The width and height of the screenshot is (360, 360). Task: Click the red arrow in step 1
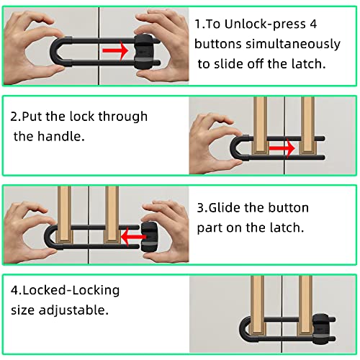click(x=115, y=50)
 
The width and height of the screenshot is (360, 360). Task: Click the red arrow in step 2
click(x=282, y=148)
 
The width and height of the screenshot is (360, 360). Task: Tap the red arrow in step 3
click(x=134, y=237)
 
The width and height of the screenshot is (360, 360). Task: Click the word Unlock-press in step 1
click(x=265, y=24)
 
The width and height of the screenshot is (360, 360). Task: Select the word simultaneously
click(x=293, y=45)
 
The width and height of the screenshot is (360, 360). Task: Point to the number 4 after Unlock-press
click(x=313, y=24)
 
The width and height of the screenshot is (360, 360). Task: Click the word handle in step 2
click(x=61, y=136)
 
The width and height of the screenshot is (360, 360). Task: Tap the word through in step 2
click(x=123, y=117)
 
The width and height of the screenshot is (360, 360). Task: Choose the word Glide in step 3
click(x=225, y=207)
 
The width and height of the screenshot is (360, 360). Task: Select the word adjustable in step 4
click(x=73, y=310)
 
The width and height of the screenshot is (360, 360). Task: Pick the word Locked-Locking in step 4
click(x=71, y=290)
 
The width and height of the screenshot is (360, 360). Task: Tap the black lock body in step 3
click(x=149, y=237)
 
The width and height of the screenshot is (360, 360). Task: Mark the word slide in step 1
click(x=229, y=64)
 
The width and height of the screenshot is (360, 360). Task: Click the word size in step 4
click(x=22, y=310)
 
